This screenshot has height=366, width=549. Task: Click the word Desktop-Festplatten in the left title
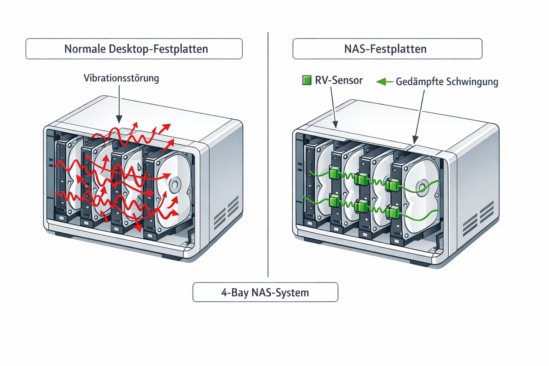click(158, 49)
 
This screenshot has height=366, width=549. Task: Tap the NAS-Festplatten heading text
click(385, 49)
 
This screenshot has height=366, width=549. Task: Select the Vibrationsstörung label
click(121, 78)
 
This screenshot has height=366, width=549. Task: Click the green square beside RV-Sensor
click(307, 80)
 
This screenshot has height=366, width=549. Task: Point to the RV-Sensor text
click(338, 80)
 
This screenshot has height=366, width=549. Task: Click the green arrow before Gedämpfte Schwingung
click(384, 82)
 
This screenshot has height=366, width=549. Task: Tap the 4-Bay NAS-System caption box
click(265, 292)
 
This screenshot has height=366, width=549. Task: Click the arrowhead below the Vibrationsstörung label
click(119, 120)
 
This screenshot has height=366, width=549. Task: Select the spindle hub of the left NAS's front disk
click(175, 185)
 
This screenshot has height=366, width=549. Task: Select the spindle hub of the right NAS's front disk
click(422, 187)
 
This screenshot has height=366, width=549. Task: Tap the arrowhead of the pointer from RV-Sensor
click(335, 125)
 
